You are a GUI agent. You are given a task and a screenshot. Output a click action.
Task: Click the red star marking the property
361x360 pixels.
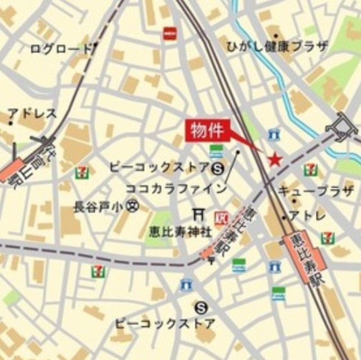coord(275,160)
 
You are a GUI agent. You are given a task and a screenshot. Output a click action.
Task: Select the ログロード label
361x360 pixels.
coord(61,49)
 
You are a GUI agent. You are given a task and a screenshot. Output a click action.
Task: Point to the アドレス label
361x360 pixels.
coord(33,113)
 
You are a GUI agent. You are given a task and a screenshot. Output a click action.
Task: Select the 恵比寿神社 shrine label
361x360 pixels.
coord(173,231)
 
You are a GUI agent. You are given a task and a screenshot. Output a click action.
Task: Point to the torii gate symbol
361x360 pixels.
coord(198,214)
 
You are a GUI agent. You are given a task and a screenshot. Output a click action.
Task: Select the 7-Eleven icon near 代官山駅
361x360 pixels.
coord(83,170)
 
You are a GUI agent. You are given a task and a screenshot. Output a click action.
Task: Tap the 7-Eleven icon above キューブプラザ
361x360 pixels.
coord(310,170)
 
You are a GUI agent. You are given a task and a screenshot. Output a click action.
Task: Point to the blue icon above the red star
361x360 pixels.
coord(274,134)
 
